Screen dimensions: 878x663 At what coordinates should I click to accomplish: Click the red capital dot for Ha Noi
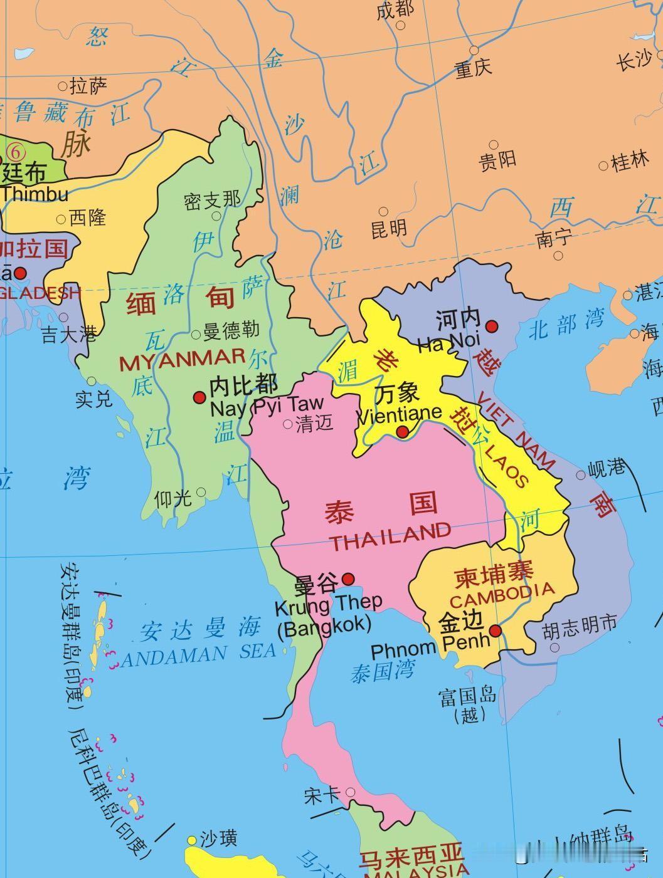click(x=492, y=326)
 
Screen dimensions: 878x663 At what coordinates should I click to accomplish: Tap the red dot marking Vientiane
click(x=403, y=432)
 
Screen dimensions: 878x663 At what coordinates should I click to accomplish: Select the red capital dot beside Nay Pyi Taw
click(x=199, y=397)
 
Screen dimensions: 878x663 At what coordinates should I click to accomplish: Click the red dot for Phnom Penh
click(x=496, y=630)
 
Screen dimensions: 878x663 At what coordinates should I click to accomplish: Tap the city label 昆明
click(x=389, y=228)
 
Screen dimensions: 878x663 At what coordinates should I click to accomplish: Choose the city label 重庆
click(x=474, y=68)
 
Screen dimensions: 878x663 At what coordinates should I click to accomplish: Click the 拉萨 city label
click(x=88, y=86)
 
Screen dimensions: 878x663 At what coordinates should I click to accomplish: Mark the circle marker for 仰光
click(x=201, y=493)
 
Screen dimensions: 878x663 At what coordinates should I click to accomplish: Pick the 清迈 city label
click(x=314, y=424)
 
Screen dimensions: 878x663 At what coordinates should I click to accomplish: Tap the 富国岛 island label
click(x=468, y=696)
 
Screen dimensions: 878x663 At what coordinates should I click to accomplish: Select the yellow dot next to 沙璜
click(x=192, y=840)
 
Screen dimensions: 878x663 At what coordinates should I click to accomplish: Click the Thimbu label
click(x=34, y=193)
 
